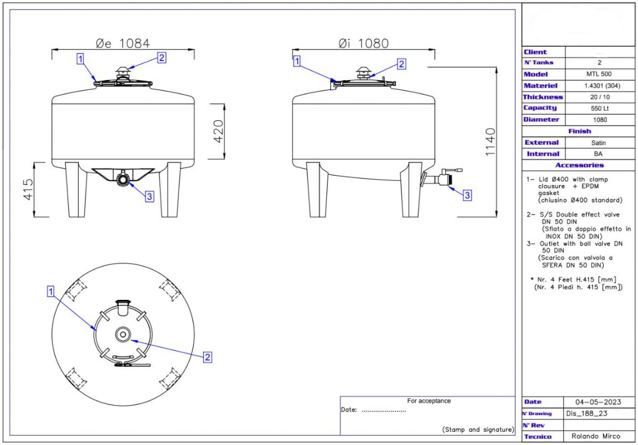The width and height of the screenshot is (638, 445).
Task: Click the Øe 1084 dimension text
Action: click(123, 43)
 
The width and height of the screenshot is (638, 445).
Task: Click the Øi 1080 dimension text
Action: click(364, 43)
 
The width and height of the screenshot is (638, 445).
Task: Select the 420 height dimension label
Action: click(219, 131)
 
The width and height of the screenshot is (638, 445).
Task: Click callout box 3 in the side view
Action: click(467, 195)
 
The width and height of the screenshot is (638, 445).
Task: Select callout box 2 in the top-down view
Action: click(208, 357)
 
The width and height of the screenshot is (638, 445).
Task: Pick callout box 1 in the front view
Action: click(80, 58)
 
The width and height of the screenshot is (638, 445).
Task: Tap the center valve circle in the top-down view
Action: click(123, 334)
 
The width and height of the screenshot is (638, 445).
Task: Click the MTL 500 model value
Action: click(599, 74)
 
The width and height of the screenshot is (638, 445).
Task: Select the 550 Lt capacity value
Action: click(599, 108)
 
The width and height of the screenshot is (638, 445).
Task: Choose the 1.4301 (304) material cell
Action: click(599, 86)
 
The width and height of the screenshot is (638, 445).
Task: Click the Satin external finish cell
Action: click(599, 142)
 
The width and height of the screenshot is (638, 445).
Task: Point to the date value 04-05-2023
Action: click(598, 402)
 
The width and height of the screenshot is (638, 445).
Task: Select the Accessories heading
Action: click(579, 165)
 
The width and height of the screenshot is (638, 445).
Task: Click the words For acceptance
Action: click(429, 401)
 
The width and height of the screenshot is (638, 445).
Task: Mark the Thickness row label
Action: click(542, 97)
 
